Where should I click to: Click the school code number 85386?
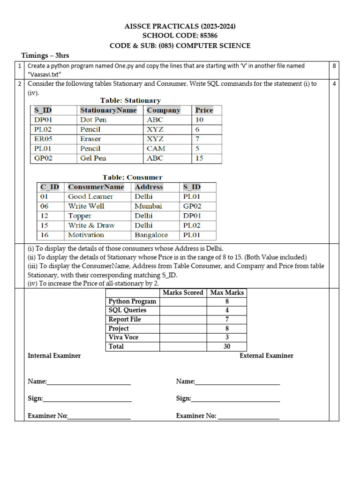tap(207, 36)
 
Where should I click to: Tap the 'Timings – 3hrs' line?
tap(45, 56)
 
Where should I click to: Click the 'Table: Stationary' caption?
tap(130, 100)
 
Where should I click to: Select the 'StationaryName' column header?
tap(108, 110)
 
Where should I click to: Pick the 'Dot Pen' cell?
tap(93, 120)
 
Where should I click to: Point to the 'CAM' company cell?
tap(156, 149)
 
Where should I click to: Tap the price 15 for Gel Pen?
tap(199, 158)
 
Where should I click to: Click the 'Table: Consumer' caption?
tap(133, 177)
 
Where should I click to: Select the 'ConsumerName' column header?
tap(96, 187)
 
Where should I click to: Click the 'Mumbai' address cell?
tap(148, 206)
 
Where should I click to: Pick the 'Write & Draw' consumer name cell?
tap(91, 225)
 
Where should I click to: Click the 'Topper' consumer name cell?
tap(80, 216)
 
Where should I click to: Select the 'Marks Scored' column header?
tap(183, 292)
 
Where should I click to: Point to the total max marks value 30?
tap(227, 346)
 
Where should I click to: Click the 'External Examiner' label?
tap(266, 356)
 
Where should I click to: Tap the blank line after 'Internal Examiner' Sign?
tap(87, 399)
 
